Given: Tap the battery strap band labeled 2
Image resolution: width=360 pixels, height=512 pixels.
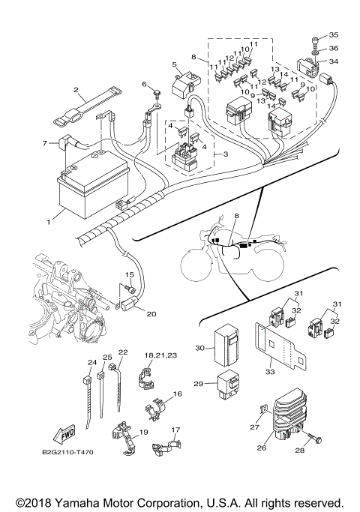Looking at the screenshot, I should click(x=84, y=109).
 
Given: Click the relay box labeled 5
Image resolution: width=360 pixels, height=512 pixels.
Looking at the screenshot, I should click(x=181, y=86).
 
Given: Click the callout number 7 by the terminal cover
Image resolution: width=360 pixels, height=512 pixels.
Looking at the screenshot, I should click(x=44, y=142).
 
